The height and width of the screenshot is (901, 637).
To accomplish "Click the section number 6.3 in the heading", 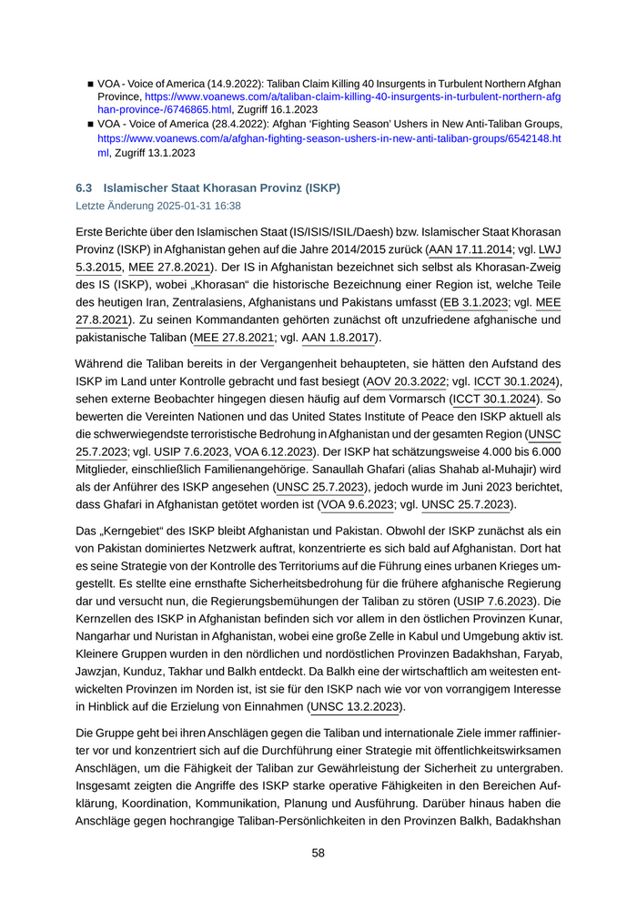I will tap(85, 188).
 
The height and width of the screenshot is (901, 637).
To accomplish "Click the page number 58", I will tap(318, 853).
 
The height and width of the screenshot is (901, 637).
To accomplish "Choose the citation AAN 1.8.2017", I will tap(338, 338).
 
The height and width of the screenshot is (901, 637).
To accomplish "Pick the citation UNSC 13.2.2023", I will tap(357, 706).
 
